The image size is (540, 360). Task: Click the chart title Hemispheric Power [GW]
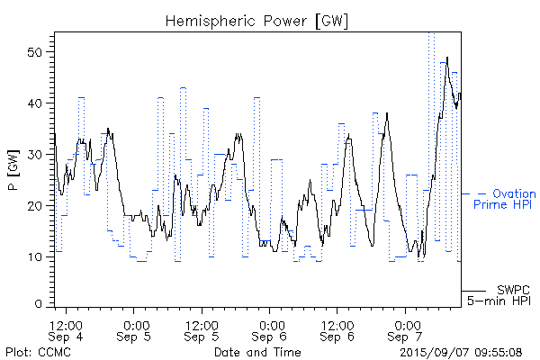click(x=256, y=19)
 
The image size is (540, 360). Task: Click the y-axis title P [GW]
click(x=13, y=168)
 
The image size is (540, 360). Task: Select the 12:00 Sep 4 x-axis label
click(x=67, y=329)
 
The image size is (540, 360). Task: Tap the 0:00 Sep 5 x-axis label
click(x=136, y=329)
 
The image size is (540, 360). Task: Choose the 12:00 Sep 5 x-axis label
click(x=202, y=329)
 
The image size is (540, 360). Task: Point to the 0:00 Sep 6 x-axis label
click(x=271, y=329)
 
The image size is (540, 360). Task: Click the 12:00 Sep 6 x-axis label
click(x=337, y=329)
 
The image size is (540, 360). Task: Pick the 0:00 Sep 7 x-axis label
click(x=406, y=329)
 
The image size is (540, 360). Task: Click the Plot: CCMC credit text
click(x=35, y=352)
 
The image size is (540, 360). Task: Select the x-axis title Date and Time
click(x=257, y=352)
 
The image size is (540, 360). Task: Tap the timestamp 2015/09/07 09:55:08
click(x=461, y=352)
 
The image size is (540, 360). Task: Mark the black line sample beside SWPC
click(x=473, y=291)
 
